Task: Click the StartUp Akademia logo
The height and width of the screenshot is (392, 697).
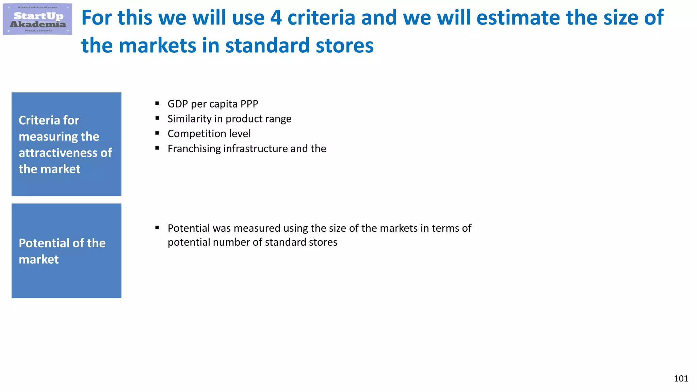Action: click(x=37, y=19)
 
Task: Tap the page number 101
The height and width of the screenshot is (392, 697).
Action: click(x=681, y=378)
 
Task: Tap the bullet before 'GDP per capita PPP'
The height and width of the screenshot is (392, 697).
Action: click(x=157, y=103)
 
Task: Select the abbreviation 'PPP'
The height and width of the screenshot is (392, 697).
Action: click(x=249, y=104)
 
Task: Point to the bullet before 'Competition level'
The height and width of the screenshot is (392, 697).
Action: click(x=157, y=133)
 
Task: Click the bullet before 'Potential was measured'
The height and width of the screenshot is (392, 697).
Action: click(x=157, y=228)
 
